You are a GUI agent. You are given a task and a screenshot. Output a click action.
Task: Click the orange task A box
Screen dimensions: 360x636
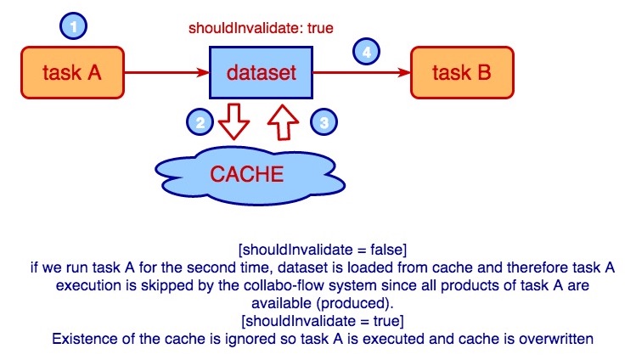click(72, 73)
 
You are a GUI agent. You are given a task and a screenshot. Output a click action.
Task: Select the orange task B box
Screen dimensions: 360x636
click(461, 73)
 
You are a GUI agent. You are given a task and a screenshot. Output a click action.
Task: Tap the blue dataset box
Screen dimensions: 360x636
click(262, 73)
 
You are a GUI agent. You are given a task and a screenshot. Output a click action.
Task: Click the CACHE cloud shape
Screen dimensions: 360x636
click(245, 175)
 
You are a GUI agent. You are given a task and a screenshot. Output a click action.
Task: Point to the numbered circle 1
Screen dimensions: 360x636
click(73, 27)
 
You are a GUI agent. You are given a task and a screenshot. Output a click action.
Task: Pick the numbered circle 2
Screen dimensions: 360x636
click(200, 123)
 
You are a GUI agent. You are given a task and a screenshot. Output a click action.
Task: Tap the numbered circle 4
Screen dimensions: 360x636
click(365, 53)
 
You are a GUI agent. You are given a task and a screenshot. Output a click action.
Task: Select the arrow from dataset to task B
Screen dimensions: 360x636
click(362, 73)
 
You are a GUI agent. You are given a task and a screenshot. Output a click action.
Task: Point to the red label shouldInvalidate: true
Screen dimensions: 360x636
click(260, 27)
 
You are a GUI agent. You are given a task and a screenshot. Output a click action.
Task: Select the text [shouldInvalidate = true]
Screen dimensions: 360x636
click(323, 322)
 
